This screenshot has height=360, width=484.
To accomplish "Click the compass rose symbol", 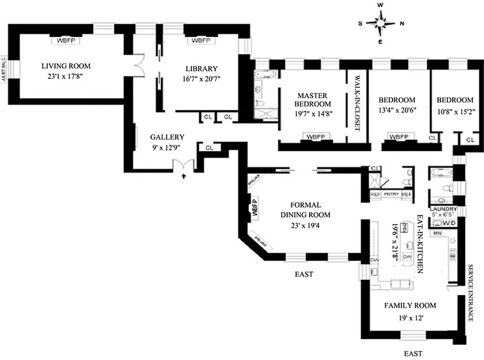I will pyautogui.click(x=380, y=23).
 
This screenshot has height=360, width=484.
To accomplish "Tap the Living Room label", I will pyautogui.click(x=66, y=66).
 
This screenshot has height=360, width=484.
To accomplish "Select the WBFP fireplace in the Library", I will pyautogui.click(x=200, y=40).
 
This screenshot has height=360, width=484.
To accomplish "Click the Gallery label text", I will pyautogui.click(x=167, y=137).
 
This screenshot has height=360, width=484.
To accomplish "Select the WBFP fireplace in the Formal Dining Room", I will pyautogui.click(x=254, y=208).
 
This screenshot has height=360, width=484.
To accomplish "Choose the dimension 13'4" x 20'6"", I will pyautogui.click(x=397, y=110).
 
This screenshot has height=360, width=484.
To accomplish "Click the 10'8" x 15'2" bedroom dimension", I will pyautogui.click(x=455, y=110).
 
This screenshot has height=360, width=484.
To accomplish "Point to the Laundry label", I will pyautogui.click(x=443, y=209).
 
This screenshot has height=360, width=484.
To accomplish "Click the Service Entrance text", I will pyautogui.click(x=470, y=292).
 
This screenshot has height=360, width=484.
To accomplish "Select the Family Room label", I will pyautogui.click(x=410, y=306).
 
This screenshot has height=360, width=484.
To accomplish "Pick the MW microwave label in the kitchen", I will pyautogui.click(x=437, y=234).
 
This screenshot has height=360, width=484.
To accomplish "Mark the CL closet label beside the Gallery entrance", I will pyautogui.click(x=209, y=148).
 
